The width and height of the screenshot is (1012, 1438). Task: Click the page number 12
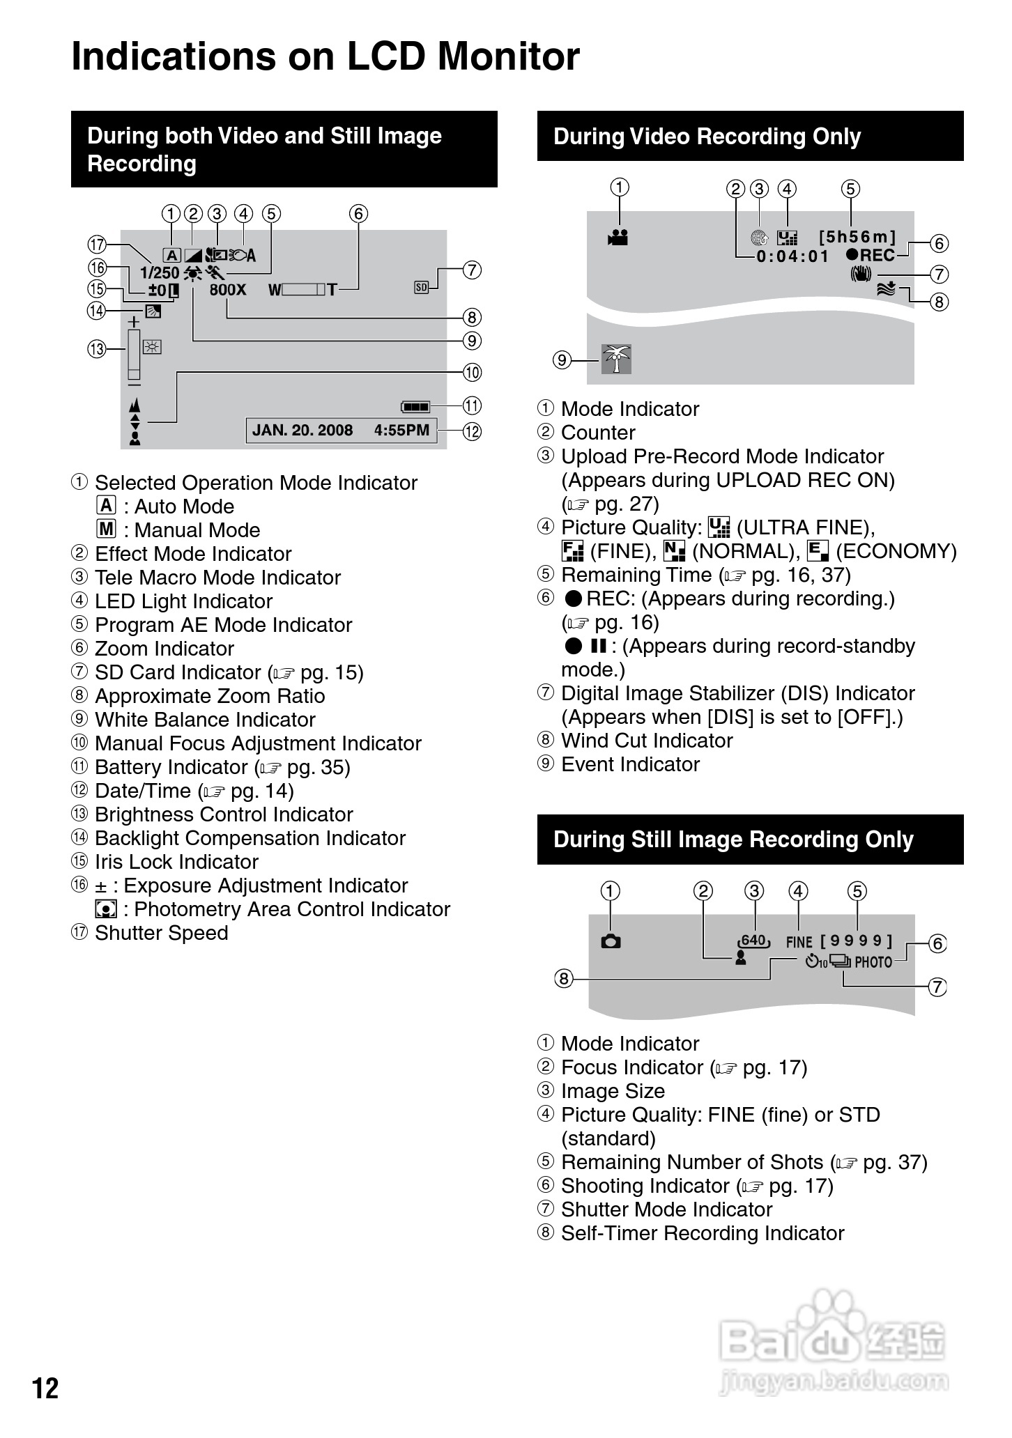[x=45, y=1388]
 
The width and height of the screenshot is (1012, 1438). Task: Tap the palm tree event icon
[x=616, y=359]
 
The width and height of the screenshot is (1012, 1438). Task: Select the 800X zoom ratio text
[x=228, y=289]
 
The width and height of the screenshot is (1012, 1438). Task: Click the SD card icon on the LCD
[x=421, y=286]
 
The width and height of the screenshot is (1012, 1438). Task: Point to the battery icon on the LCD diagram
[x=415, y=406]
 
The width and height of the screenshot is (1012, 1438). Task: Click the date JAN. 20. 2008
[x=302, y=430]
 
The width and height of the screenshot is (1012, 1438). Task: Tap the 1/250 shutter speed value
[x=160, y=273]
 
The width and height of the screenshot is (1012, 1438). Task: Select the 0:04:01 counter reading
[x=792, y=256]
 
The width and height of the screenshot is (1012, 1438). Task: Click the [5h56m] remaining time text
[x=857, y=237]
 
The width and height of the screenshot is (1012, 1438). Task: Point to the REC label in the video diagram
[x=877, y=255]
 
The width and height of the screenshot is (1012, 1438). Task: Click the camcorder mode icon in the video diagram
[x=618, y=237]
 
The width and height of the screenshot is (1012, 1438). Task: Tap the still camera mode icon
[x=611, y=941]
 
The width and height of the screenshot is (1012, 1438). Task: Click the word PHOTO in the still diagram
[x=873, y=962]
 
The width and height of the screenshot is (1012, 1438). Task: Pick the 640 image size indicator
[x=753, y=941]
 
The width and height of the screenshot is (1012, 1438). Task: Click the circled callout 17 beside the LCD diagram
[x=97, y=245]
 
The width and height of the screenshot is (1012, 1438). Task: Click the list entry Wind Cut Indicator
[x=647, y=741]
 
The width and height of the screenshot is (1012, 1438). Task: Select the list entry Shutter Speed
[x=161, y=933]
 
